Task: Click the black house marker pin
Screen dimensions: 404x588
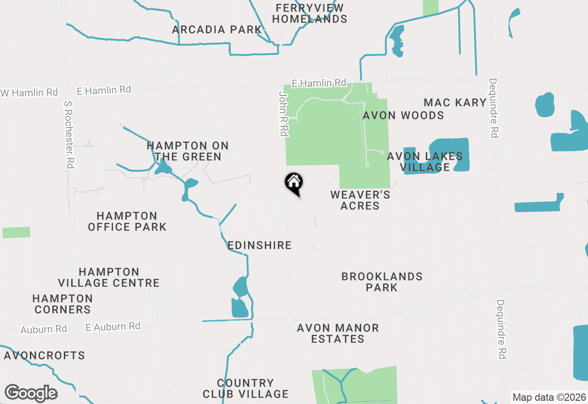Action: coord(294,183)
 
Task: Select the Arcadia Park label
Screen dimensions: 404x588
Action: coord(217,30)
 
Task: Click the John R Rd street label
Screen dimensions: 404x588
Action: coord(283,113)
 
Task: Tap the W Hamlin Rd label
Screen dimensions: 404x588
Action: coord(30,92)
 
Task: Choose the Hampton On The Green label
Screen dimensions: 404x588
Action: coord(187,151)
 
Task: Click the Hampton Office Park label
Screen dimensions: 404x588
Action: coord(127,221)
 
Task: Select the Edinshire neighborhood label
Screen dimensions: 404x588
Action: coord(260,245)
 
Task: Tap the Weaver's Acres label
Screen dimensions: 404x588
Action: coord(360,200)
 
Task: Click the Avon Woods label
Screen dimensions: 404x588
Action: coord(403,115)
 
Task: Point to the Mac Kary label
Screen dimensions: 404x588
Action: coord(455,102)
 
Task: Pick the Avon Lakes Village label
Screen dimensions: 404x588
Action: coord(425,162)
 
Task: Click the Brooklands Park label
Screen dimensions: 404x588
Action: coord(382,282)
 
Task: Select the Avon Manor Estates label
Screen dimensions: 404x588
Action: coord(338,333)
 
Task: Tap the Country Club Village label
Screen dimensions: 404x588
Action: coord(246,388)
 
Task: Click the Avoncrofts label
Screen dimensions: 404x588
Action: coord(45,356)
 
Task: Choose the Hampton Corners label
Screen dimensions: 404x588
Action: coord(62,304)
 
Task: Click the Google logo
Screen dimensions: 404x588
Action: coord(31,393)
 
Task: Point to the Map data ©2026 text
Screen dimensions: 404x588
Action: coord(549,397)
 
